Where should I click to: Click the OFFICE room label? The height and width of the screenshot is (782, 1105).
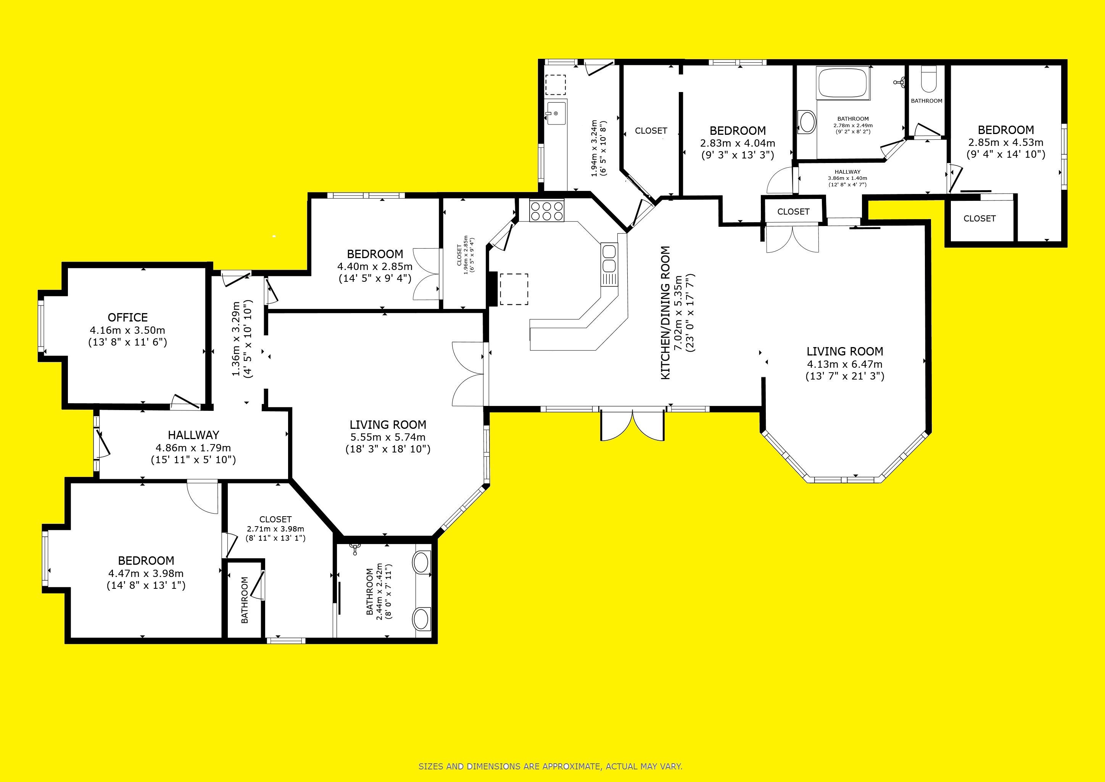coord(127,317)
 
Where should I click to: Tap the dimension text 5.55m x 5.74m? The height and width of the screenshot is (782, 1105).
coord(388,437)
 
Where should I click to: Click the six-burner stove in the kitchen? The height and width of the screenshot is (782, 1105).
coord(546,211)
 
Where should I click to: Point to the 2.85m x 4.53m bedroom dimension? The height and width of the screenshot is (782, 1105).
coord(1006,142)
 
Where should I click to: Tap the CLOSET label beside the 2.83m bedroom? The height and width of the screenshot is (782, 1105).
coord(651,131)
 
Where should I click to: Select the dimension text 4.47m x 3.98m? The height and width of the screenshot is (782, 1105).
coord(146,574)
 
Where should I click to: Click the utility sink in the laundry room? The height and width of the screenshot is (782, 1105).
coord(556,112)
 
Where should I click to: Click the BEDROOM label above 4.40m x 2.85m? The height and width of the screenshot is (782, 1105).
coord(375,254)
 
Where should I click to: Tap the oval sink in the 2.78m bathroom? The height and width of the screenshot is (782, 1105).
coord(807,122)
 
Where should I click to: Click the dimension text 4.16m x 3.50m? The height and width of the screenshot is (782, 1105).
coord(127,330)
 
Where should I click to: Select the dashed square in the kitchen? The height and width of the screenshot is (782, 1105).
coord(514,289)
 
